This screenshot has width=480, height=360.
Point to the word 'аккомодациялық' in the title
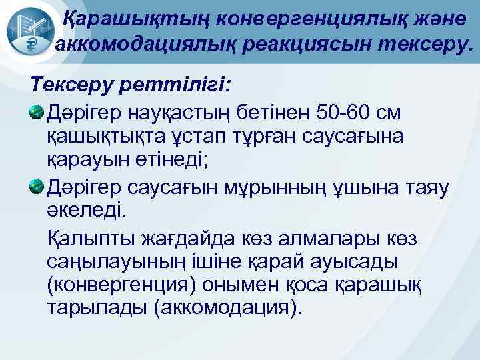click(x=135, y=45)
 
